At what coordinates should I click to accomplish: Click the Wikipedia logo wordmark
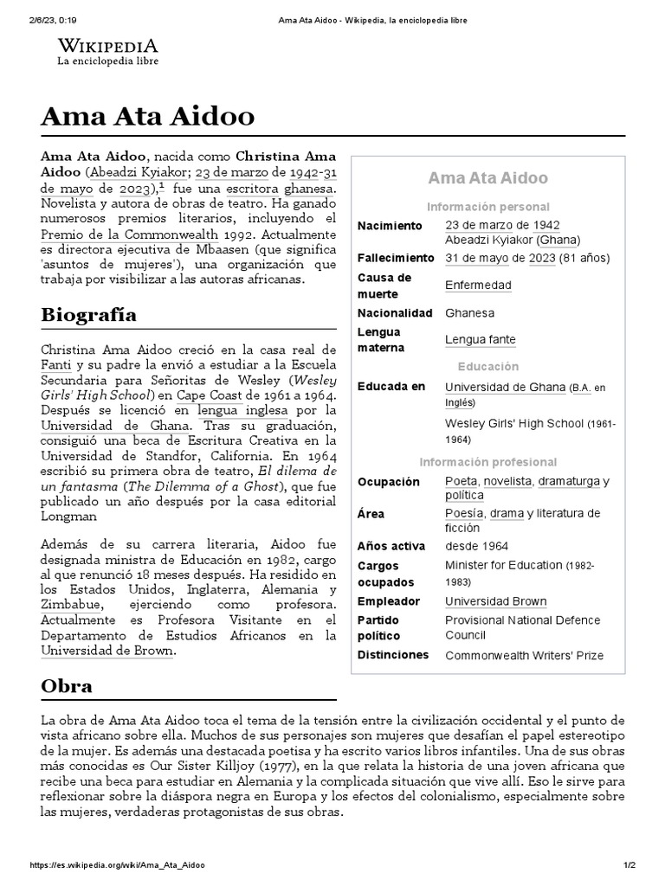click(107, 45)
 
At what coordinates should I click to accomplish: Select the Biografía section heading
click(88, 313)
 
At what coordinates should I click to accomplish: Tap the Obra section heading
click(67, 685)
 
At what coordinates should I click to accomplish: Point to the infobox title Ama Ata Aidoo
click(487, 178)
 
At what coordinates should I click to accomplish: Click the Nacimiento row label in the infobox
click(390, 226)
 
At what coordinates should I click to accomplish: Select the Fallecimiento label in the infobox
click(396, 258)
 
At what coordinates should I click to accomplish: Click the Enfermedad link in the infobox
click(478, 286)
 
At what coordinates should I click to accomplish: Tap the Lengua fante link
click(480, 340)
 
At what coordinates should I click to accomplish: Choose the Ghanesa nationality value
click(469, 312)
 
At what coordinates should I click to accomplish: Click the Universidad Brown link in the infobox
click(495, 601)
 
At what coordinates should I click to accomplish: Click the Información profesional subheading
click(487, 462)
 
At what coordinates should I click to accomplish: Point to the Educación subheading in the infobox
click(487, 366)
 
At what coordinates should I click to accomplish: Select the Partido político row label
click(380, 628)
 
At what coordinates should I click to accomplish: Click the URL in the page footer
click(118, 865)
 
